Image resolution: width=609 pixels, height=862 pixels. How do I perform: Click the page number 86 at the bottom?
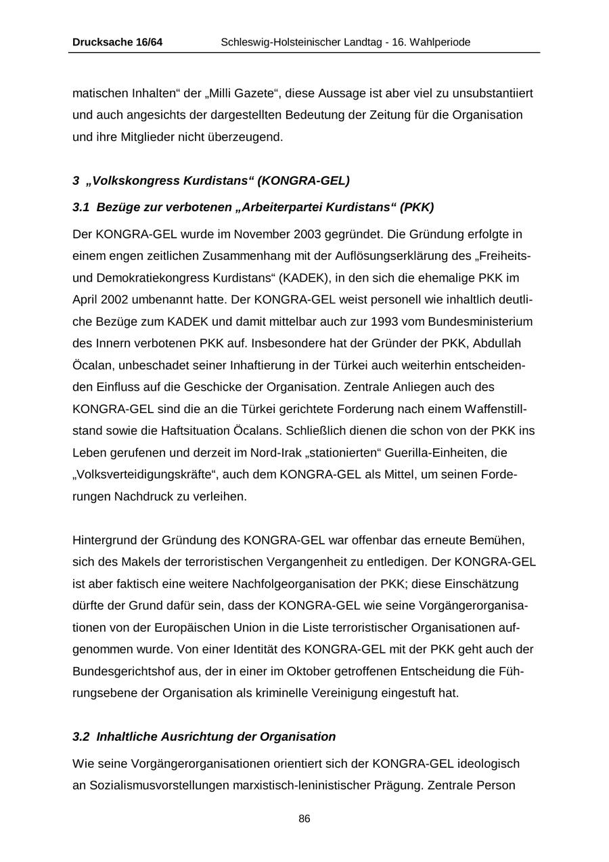304,819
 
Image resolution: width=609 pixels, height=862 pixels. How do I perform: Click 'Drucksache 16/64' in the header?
117,42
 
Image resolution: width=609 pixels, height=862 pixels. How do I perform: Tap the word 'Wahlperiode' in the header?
440,42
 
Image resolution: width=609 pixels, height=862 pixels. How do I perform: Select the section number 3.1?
81,207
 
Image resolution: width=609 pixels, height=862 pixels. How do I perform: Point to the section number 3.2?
81,736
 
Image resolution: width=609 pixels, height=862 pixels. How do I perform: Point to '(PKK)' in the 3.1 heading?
417,207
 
